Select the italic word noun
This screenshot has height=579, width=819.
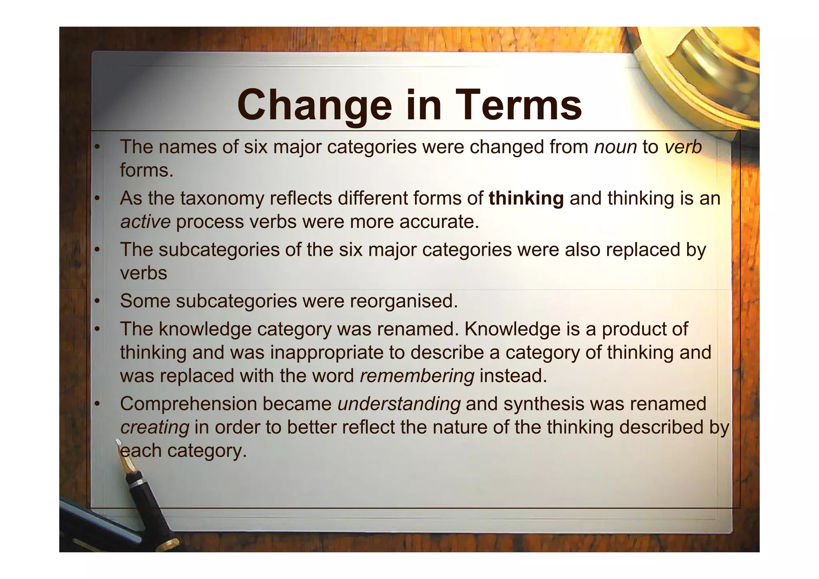[615, 147]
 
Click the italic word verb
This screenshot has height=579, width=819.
[683, 147]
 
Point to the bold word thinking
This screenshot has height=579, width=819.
[526, 198]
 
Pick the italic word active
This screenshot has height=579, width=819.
[145, 222]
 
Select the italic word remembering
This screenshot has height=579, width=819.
[417, 376]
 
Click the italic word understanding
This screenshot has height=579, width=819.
[399, 404]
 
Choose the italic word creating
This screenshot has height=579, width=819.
[154, 427]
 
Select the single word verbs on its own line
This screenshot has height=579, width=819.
[144, 273]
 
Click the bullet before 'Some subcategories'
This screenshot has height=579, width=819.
[96, 301]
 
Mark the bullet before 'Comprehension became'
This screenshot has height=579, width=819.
[96, 404]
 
